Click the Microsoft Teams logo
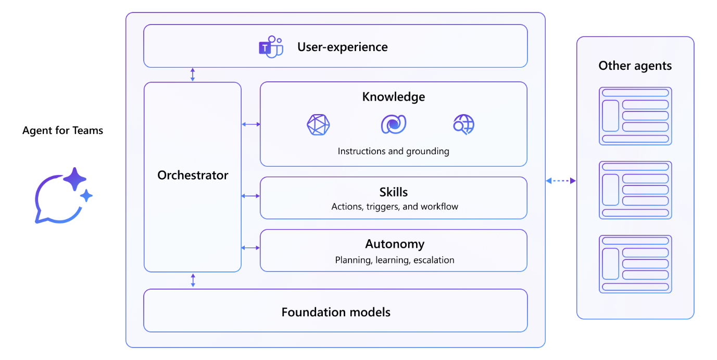(271, 47)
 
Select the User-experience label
(342, 47)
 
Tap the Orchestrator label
(193, 175)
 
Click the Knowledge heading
(393, 97)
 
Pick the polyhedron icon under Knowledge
(318, 125)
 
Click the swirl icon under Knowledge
(393, 125)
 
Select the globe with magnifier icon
(463, 125)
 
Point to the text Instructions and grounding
(393, 152)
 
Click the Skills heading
(393, 192)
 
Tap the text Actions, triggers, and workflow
(395, 207)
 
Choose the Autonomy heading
(395, 244)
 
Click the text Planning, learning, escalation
(395, 260)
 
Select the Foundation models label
(336, 312)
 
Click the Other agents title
(635, 66)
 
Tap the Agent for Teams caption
(62, 130)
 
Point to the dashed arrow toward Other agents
(561, 181)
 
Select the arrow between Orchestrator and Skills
(250, 196)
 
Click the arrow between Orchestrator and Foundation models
(193, 280)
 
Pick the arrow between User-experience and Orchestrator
(193, 75)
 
